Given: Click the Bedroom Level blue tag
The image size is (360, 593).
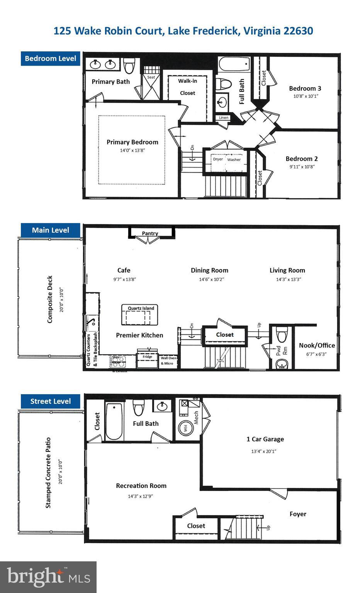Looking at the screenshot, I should click(x=50, y=59).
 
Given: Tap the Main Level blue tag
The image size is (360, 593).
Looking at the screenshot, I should click(x=50, y=230).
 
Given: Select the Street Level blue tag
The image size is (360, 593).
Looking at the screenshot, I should click(x=50, y=401).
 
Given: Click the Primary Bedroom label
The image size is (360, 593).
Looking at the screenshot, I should click(x=132, y=142).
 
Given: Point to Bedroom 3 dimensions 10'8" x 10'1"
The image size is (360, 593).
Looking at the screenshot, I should click(x=306, y=96).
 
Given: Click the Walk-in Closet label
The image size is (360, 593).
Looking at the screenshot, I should click(x=187, y=87).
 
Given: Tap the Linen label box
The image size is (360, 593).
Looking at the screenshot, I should click(x=224, y=118).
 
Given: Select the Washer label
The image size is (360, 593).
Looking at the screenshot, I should click(x=234, y=159).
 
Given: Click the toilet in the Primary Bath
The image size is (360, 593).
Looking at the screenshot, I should click(x=129, y=66).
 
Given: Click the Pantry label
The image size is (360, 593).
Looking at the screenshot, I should click(x=150, y=233).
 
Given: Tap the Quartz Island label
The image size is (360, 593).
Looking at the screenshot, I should click(x=141, y=308).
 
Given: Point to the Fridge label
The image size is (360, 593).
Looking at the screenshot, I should click(x=147, y=357).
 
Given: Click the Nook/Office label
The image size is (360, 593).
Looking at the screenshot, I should click(x=317, y=346).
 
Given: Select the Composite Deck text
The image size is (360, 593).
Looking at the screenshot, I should click(x=50, y=299).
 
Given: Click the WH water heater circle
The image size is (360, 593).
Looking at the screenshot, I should click(x=185, y=429).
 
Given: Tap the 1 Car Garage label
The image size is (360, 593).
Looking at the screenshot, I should click(x=265, y=439).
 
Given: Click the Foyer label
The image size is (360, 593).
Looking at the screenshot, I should click(x=298, y=514).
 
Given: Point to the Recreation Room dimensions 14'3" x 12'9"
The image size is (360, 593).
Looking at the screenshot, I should click(x=141, y=496).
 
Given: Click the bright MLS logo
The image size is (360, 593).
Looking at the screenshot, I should click(x=48, y=577).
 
